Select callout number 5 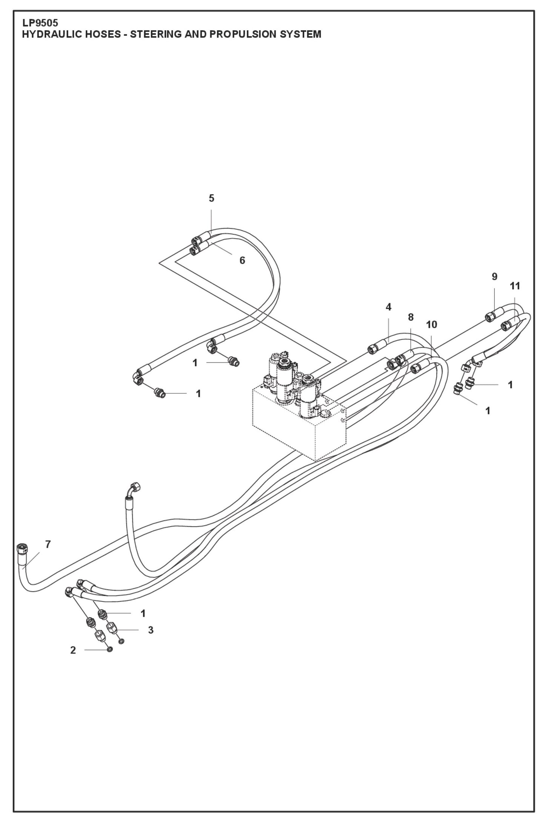tap(211, 198)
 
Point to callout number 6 tap(242, 260)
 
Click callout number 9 tap(494, 276)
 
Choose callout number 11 tap(515, 286)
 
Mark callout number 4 tap(388, 307)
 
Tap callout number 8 tap(411, 317)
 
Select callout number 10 tap(431, 324)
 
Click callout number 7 tap(48, 544)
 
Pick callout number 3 tap(150, 630)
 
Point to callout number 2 tap(73, 650)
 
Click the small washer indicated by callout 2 tap(110, 650)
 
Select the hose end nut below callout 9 tap(489, 317)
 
